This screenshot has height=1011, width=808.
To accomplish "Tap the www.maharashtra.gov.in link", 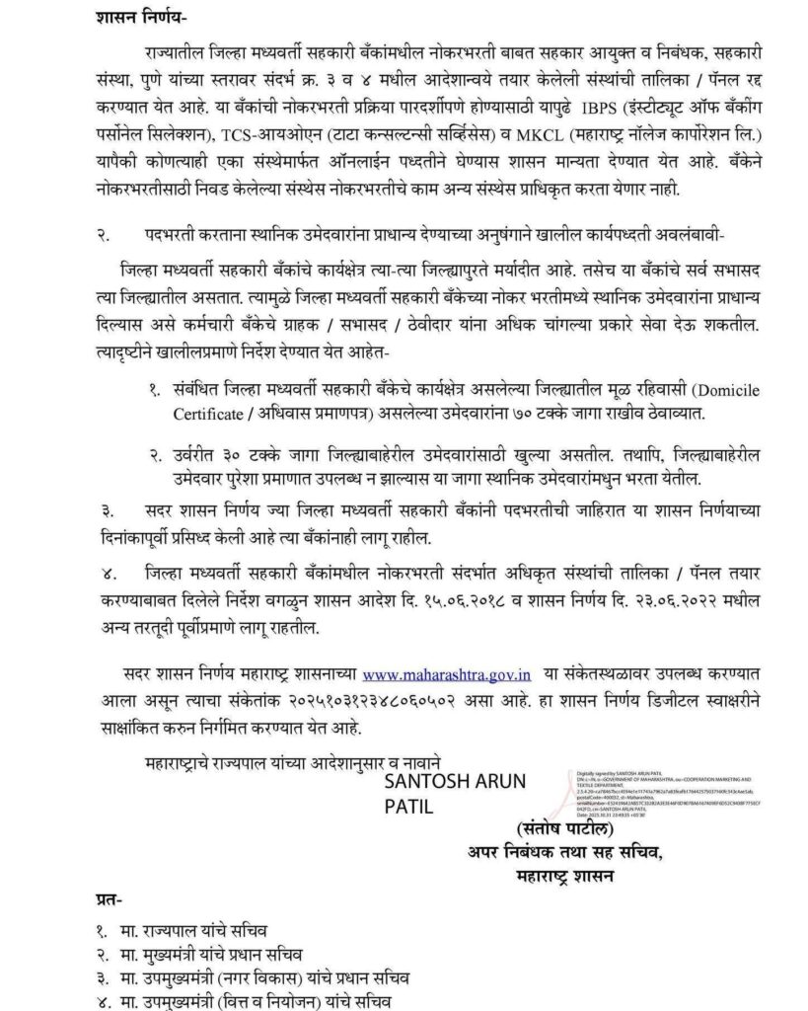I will (448, 675).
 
